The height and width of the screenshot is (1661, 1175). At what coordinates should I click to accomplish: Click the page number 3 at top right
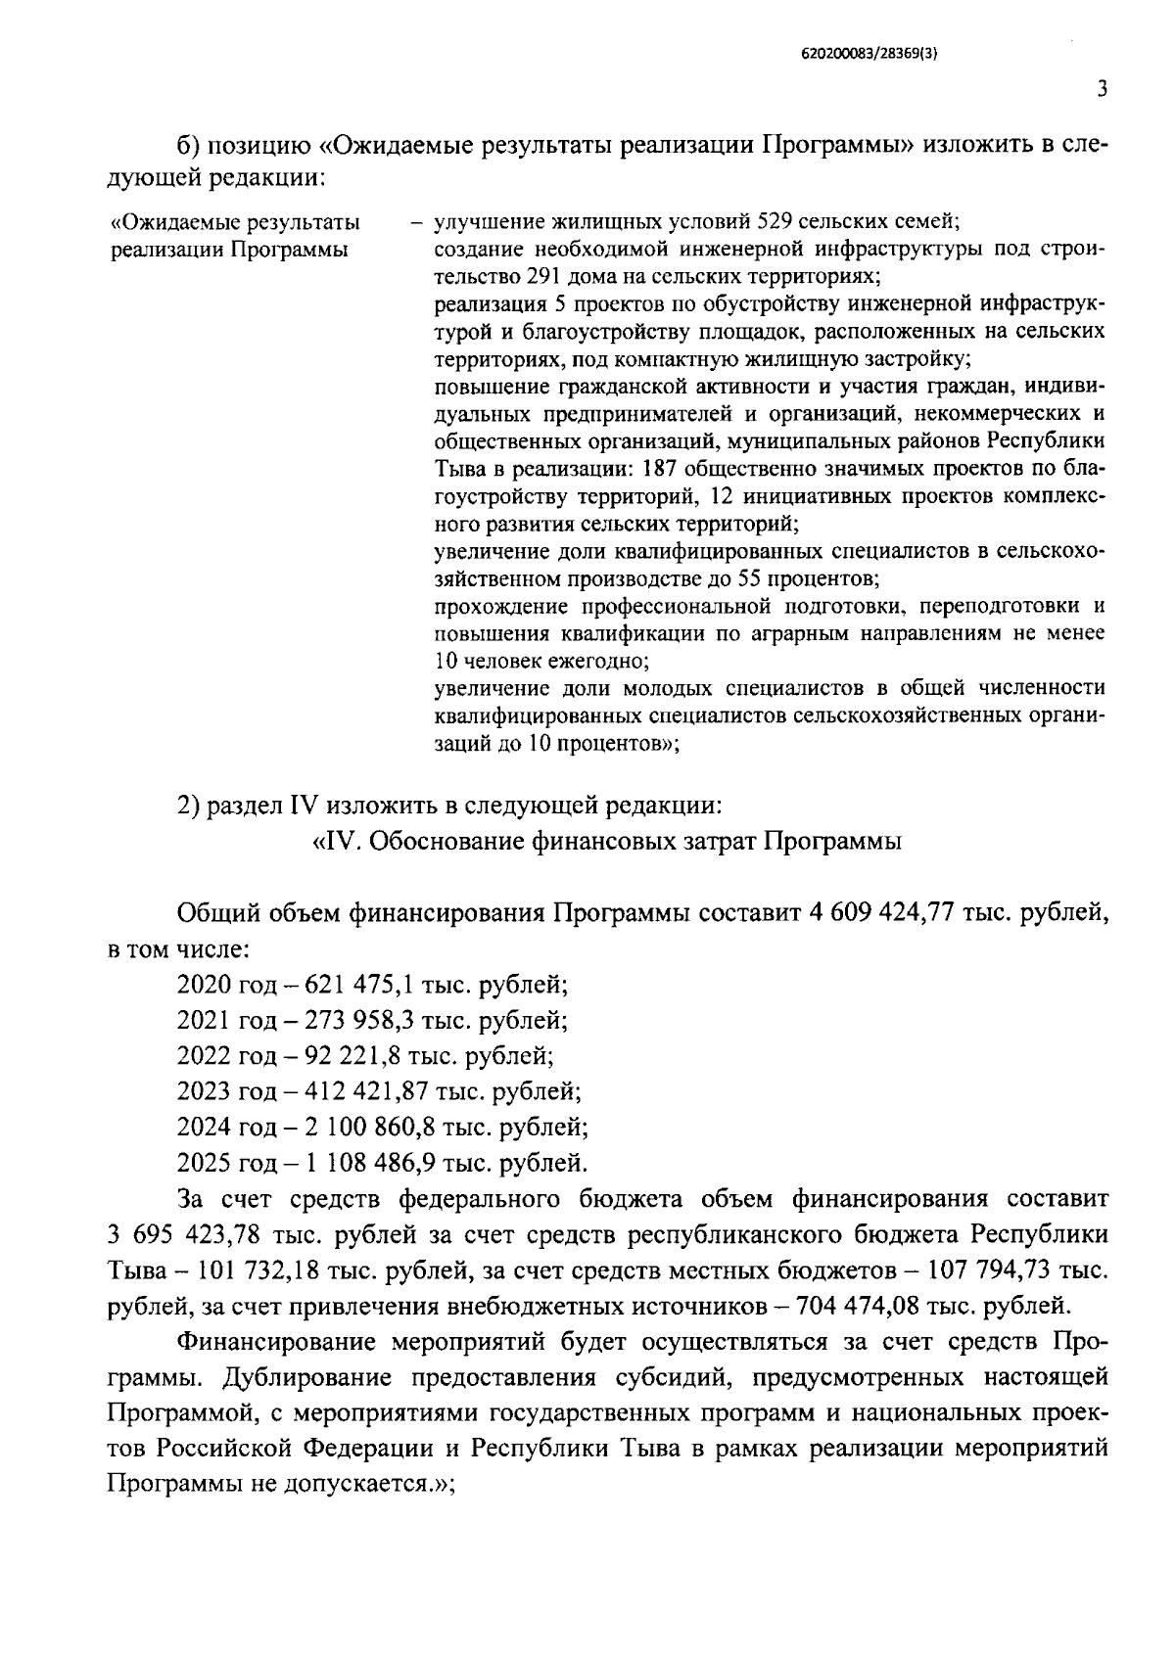pyautogui.click(x=1102, y=90)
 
